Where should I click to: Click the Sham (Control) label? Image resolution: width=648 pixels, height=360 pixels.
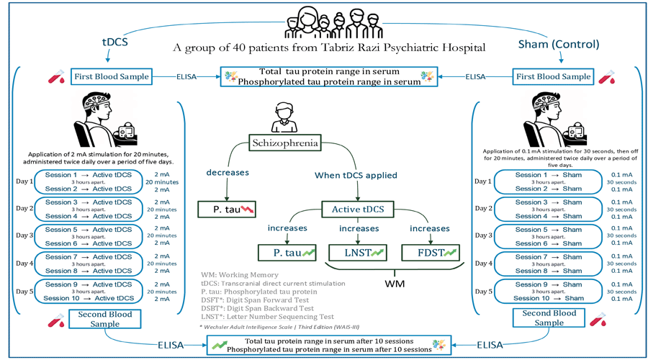click(569, 44)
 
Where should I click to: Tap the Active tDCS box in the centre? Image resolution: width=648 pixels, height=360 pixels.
click(357, 210)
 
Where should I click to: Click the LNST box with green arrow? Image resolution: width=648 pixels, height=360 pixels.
click(357, 253)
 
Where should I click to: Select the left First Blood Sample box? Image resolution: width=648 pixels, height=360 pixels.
click(111, 76)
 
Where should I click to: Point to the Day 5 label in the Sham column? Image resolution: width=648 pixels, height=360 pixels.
click(485, 291)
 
